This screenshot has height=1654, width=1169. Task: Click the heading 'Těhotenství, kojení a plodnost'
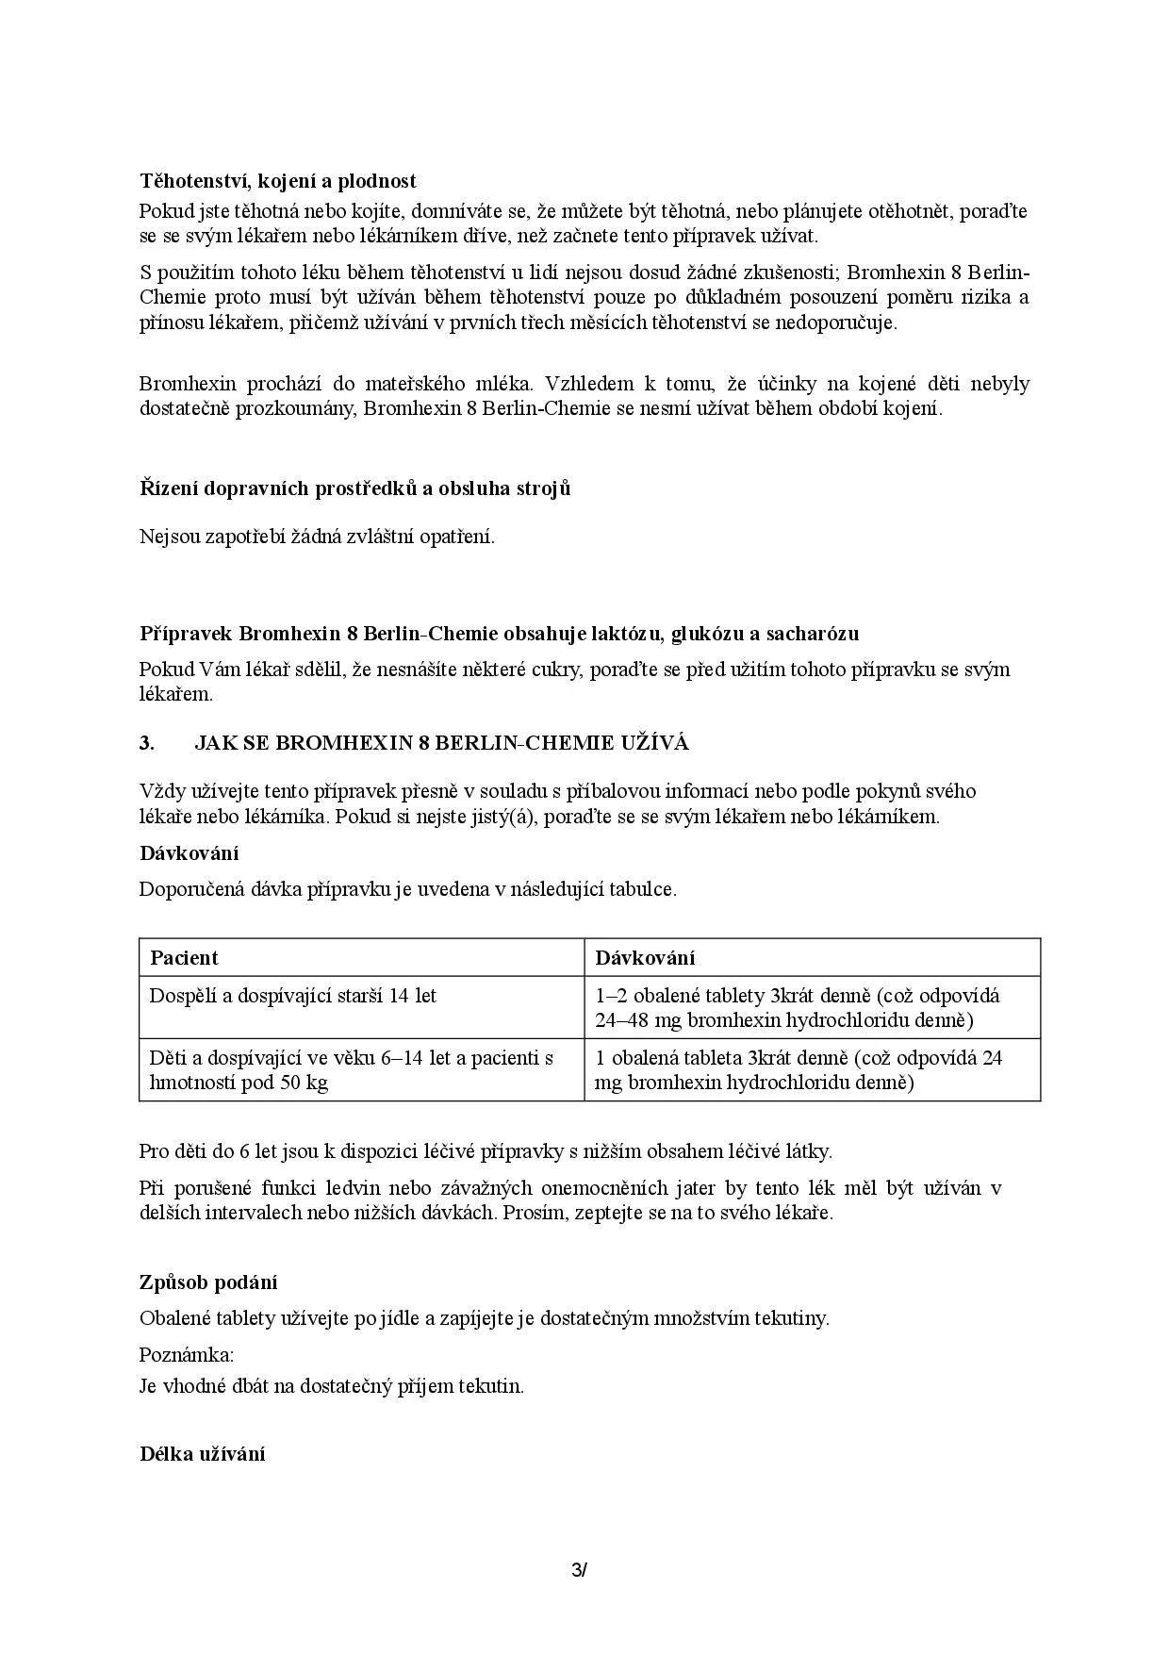tap(278, 181)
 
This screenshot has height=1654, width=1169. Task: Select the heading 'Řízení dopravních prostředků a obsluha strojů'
tap(355, 488)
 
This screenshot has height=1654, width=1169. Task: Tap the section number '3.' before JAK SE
tap(147, 743)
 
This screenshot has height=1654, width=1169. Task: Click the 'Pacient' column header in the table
tap(184, 958)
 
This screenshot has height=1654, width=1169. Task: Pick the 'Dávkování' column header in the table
tap(645, 958)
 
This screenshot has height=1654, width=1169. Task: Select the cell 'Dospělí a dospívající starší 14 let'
tap(293, 996)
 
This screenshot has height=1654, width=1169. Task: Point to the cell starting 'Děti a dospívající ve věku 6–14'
tap(351, 1070)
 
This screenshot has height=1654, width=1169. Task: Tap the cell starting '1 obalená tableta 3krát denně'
tap(799, 1070)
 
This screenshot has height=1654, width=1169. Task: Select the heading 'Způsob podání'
tap(208, 1282)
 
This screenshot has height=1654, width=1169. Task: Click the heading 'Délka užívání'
tap(202, 1454)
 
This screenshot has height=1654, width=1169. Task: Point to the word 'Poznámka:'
tap(187, 1355)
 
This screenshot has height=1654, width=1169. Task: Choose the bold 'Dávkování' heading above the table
tap(189, 853)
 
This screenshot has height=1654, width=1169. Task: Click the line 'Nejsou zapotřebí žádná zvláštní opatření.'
tap(317, 538)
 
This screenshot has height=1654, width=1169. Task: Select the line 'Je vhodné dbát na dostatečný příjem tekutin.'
tap(331, 1386)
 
